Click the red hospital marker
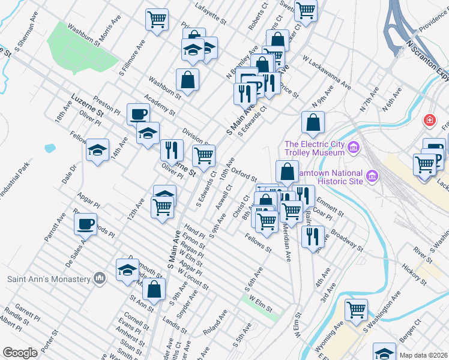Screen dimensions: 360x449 coord(430,120)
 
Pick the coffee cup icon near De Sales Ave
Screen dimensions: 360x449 coord(85,224)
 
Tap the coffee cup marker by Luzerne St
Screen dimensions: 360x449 coord(138,113)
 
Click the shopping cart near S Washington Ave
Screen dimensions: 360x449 coord(356,310)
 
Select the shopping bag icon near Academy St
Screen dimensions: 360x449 coord(188,79)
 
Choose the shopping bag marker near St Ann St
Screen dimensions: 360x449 coord(154,289)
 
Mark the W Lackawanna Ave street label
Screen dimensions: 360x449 coord(327,74)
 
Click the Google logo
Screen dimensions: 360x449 coord(20,353)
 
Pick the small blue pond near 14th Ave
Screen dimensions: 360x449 coord(49,148)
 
